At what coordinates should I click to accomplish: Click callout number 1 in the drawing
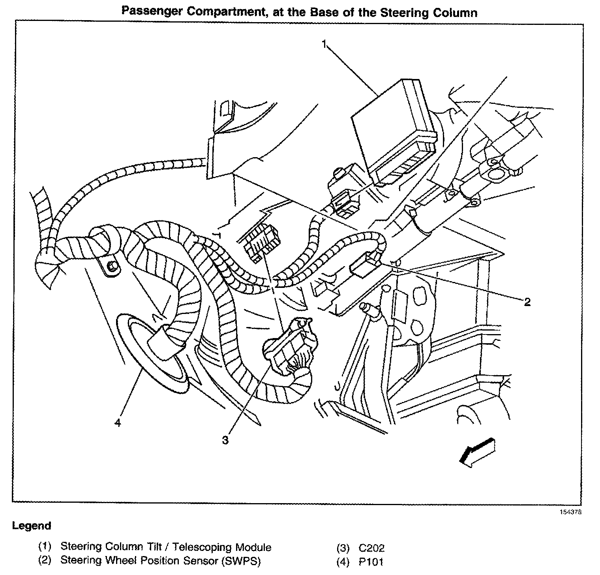(324, 45)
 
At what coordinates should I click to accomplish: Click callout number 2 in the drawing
(527, 303)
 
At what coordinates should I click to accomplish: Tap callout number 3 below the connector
(225, 440)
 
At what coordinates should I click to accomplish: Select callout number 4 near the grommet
(118, 423)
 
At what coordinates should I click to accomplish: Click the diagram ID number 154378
(570, 512)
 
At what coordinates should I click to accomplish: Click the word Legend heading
(32, 526)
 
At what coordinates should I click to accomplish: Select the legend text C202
(371, 548)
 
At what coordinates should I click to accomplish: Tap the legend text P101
(371, 562)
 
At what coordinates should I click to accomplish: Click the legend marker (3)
(343, 548)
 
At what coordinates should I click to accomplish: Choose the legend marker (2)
(45, 561)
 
